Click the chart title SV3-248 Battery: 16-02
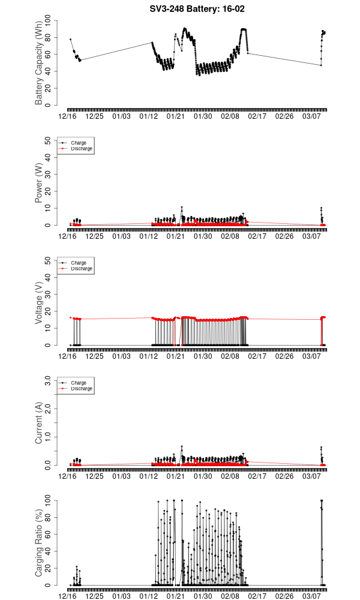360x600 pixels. coord(197,9)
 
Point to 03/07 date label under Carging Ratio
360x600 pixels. coord(311,596)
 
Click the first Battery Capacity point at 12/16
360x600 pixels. coord(70,40)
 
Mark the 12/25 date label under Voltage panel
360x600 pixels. coord(95,356)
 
